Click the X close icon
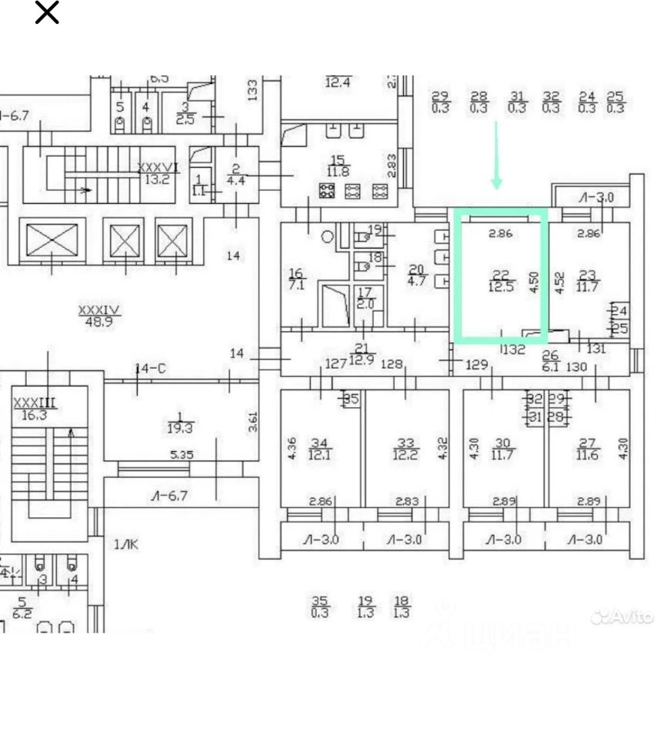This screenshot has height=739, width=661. click(x=47, y=13)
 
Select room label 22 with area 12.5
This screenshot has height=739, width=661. click(x=501, y=281)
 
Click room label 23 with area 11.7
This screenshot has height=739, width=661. click(x=588, y=281)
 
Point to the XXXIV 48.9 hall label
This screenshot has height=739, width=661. click(x=99, y=316)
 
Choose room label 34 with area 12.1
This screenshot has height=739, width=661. click(x=319, y=448)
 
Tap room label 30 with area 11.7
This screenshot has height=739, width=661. click(x=502, y=448)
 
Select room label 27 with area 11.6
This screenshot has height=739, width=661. click(x=588, y=448)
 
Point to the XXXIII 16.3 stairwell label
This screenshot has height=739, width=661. click(x=35, y=407)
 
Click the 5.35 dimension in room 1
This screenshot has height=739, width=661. click(x=182, y=455)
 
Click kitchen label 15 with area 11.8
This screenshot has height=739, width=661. click(x=339, y=166)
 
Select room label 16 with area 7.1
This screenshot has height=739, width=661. click(x=296, y=279)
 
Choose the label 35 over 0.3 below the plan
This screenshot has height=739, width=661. click(x=319, y=607)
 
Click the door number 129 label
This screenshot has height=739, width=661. click(x=477, y=364)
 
